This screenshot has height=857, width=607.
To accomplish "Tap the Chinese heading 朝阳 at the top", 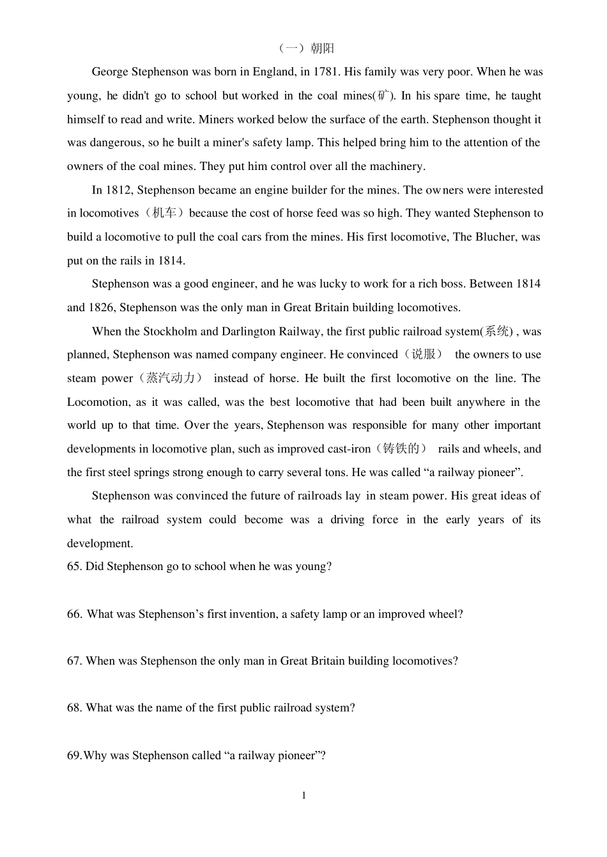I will [x=322, y=49].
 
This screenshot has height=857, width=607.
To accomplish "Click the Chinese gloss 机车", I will [x=164, y=213].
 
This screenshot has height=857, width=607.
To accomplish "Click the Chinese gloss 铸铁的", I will [x=401, y=449].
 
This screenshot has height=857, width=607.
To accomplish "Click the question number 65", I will [x=74, y=566].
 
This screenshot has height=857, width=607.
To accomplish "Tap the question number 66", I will [x=74, y=614].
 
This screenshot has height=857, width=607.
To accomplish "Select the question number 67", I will [x=74, y=661].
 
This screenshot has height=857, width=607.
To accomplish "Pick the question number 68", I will [x=74, y=707].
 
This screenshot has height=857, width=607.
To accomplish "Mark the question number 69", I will [x=74, y=755].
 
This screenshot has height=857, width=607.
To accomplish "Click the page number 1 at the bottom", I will [x=303, y=796].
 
